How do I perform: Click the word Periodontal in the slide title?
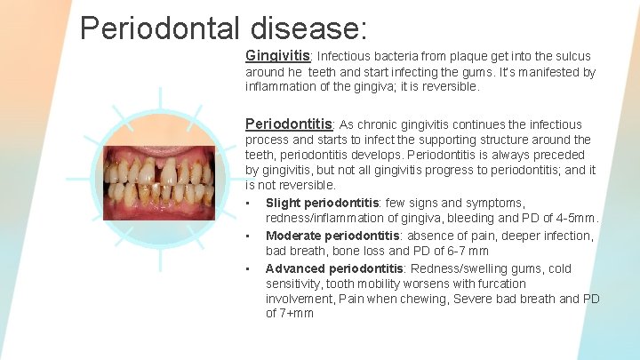pos(156,28)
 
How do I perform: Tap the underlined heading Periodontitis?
pos(289,124)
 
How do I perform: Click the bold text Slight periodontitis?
pos(324,203)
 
